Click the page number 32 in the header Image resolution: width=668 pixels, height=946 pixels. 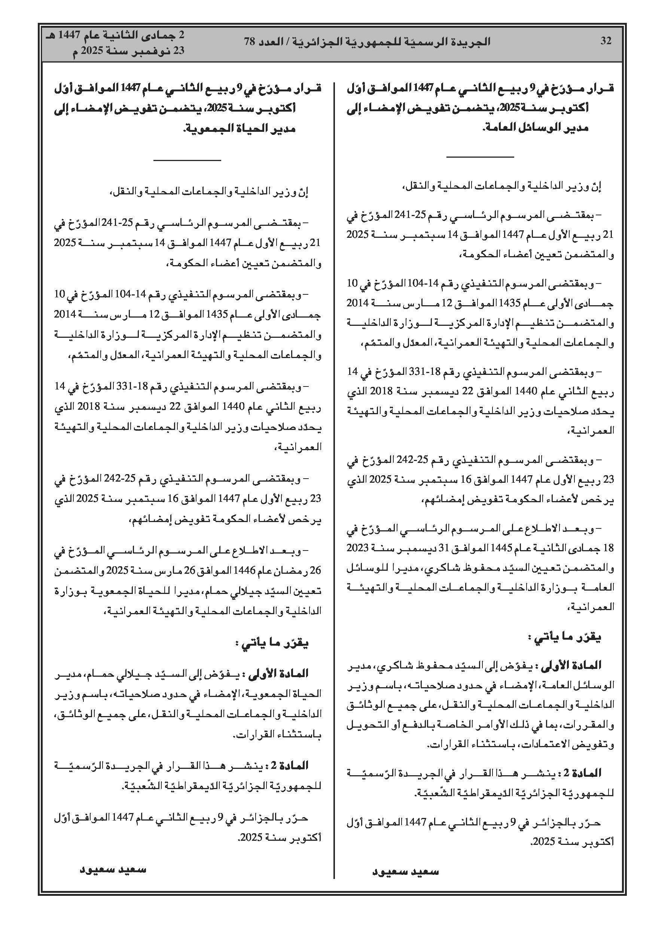pos(606,41)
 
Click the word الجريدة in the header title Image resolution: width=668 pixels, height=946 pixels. pos(470,41)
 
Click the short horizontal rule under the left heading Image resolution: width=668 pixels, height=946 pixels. pos(187,160)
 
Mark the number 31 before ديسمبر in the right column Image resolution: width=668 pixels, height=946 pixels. pos(454,548)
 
